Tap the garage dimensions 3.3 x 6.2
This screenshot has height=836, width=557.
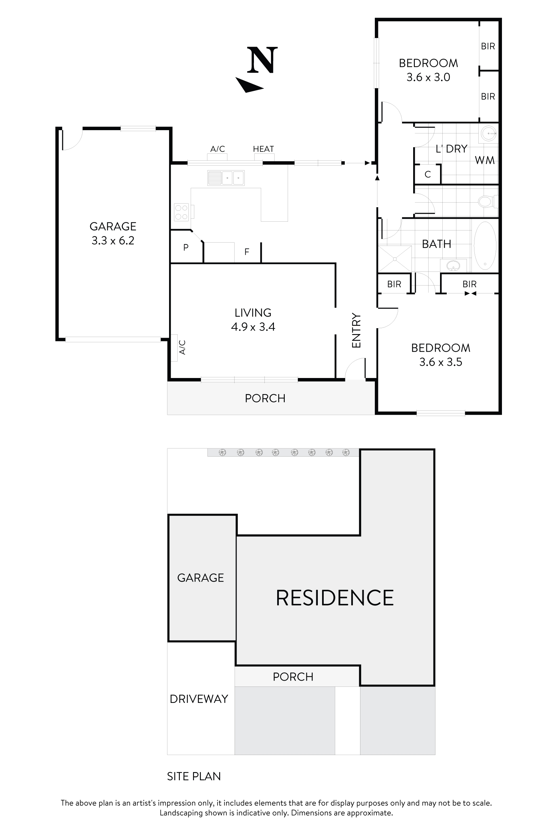(113, 241)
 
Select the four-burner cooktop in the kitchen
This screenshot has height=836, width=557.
(181, 212)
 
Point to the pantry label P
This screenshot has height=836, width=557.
(186, 248)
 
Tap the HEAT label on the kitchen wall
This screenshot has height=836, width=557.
(263, 149)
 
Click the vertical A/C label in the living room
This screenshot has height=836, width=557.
(182, 347)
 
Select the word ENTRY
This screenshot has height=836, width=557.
(356, 330)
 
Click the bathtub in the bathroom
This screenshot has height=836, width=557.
(485, 246)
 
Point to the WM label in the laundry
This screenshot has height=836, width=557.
(485, 160)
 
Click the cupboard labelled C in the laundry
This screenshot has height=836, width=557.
(428, 174)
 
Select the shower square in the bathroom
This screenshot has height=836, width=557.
(395, 259)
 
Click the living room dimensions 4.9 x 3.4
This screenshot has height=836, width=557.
(253, 327)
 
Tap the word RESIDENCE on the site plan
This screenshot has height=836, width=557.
(335, 598)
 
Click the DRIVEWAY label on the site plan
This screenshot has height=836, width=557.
(199, 699)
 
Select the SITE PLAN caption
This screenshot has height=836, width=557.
(194, 776)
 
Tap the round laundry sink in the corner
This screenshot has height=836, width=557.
(489, 134)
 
